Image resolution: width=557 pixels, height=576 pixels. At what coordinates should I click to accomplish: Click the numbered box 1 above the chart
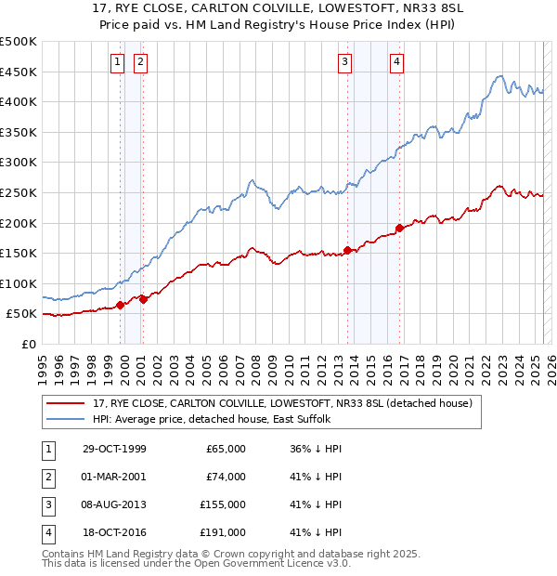click(118, 62)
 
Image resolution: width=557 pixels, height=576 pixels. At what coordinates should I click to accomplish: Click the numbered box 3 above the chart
click(344, 62)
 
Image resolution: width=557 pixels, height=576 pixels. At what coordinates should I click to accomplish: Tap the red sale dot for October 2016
click(399, 228)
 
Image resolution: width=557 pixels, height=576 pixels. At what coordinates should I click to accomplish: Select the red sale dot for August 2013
click(347, 249)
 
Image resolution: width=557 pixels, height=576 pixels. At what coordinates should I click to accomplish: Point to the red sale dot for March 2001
click(143, 299)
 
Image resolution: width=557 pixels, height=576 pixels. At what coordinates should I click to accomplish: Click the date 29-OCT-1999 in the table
click(114, 449)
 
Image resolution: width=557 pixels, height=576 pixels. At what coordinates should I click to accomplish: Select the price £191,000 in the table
click(223, 532)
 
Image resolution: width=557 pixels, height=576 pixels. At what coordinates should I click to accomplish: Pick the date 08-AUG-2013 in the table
click(114, 504)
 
